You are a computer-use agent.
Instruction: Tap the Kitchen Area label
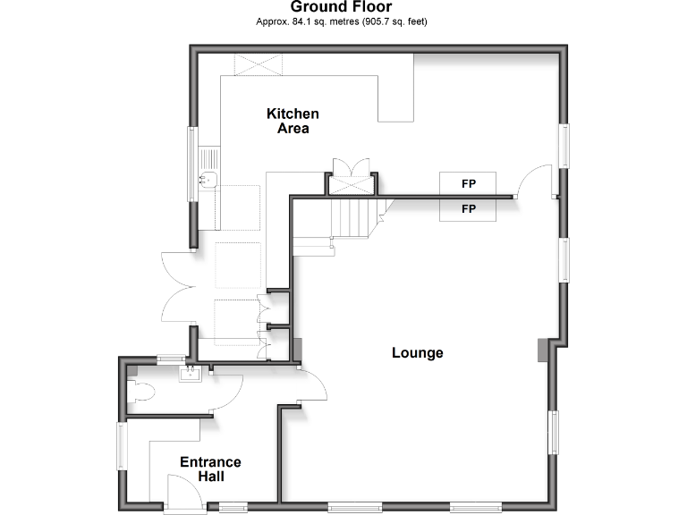coord(293,121)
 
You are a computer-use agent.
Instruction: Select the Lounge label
coord(418,352)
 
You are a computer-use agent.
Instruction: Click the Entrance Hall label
coord(210,469)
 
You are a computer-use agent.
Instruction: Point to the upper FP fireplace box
coord(468,182)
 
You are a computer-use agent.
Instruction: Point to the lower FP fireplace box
coord(468,209)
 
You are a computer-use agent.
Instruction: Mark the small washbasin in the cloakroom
coord(190,374)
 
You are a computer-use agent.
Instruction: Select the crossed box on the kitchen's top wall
coord(259,64)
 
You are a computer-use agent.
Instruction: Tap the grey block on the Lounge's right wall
coord(543,350)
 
